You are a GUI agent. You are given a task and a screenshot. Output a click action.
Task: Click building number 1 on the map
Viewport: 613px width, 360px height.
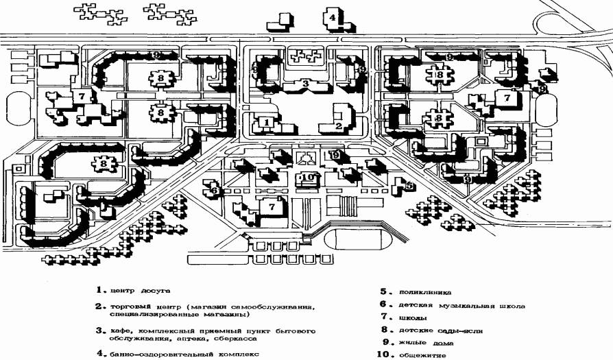pyautogui.click(x=267, y=122)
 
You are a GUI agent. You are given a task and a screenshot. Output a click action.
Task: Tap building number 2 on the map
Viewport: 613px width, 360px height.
pyautogui.click(x=339, y=125)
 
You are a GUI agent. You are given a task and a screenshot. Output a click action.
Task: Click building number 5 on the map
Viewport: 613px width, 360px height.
pyautogui.click(x=409, y=184)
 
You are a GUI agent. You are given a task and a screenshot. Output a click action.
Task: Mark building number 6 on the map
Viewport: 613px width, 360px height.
pyautogui.click(x=214, y=191)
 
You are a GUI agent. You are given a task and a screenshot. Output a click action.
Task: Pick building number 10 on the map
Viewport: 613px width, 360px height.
pyautogui.click(x=308, y=178)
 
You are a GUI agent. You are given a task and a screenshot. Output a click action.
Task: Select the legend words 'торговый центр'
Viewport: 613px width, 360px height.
pyautogui.click(x=145, y=306)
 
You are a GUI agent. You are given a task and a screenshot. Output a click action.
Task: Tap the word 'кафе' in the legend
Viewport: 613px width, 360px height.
pyautogui.click(x=118, y=331)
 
